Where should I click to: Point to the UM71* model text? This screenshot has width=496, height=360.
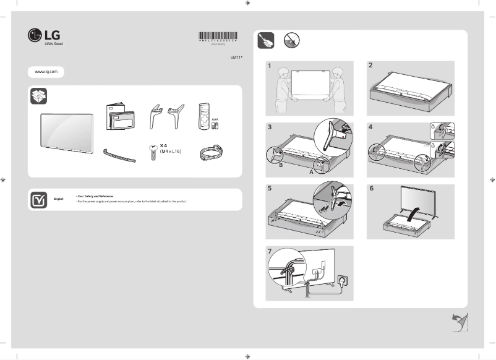[x=236, y=57]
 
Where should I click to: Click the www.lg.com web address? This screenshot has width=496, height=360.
[x=46, y=72]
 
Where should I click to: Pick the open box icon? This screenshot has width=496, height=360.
[x=38, y=96]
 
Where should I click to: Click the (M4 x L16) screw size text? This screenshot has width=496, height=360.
[x=171, y=151]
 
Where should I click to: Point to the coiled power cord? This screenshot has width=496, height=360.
[x=210, y=154]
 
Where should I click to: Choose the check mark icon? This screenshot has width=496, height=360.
[x=38, y=199]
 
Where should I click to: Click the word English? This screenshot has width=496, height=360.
[x=59, y=198]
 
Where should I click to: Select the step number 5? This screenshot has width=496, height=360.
[x=270, y=188]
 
